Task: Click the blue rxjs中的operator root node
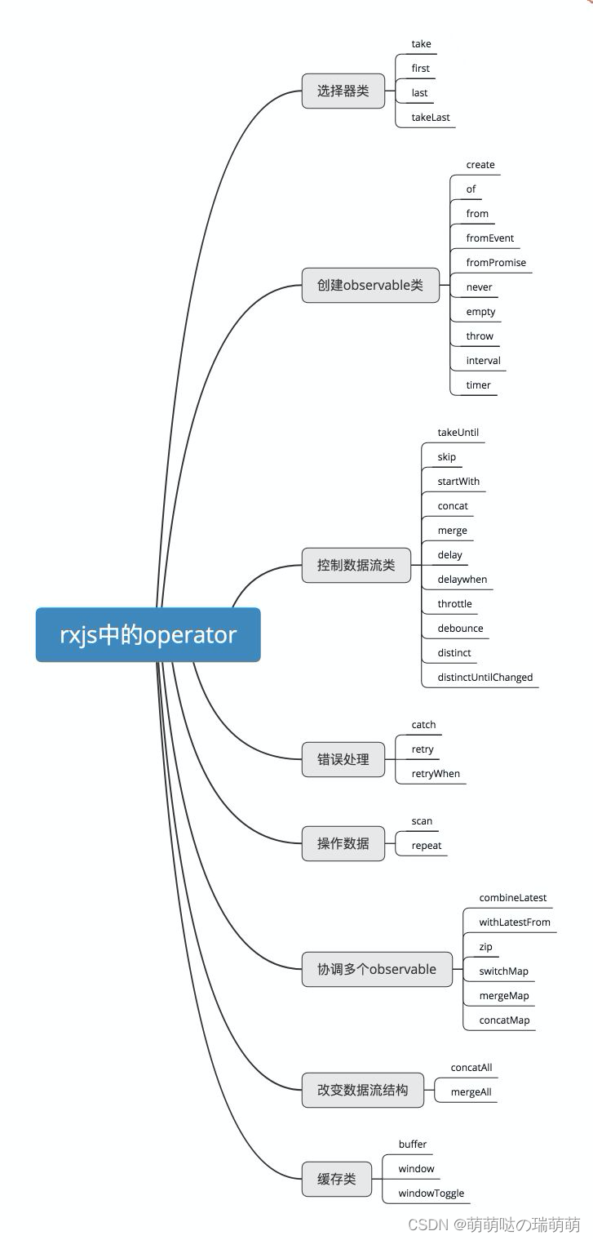pos(148,634)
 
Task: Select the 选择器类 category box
pos(343,91)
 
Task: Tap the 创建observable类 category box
pos(370,286)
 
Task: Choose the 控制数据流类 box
pos(356,565)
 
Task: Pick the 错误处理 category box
pos(343,759)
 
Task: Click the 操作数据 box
pos(343,843)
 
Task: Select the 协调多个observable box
pos(377,970)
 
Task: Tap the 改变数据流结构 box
pos(362,1090)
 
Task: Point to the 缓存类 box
pos(337,1180)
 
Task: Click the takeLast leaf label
pos(431,118)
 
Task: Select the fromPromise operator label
pos(496,263)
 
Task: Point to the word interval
pos(484,361)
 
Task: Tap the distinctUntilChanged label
pos(485,678)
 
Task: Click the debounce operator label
pos(460,629)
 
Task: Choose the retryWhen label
pos(436,774)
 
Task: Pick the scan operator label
pos(422,821)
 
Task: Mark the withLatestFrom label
pos(515,922)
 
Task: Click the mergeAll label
pos(471,1092)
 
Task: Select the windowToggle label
pos(431,1193)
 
